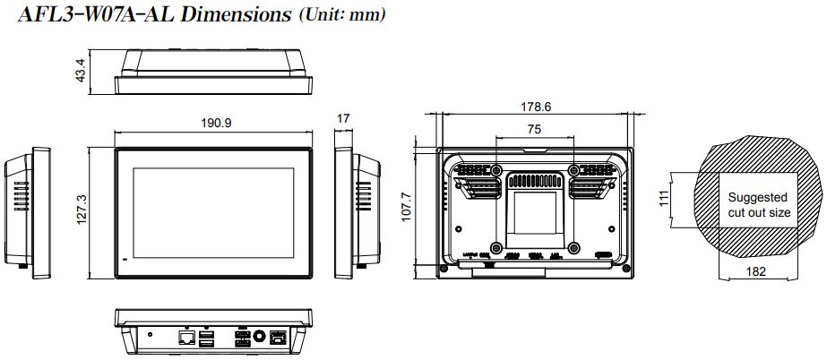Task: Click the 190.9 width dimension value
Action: (216, 123)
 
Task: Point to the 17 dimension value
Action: (343, 118)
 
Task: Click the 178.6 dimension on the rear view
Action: (536, 107)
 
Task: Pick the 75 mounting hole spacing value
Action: (534, 130)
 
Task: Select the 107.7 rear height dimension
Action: (406, 207)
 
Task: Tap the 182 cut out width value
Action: (756, 272)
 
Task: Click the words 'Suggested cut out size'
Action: (758, 205)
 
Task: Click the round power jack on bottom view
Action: (261, 337)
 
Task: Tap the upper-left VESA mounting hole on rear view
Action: (497, 169)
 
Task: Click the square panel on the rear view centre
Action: (534, 211)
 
